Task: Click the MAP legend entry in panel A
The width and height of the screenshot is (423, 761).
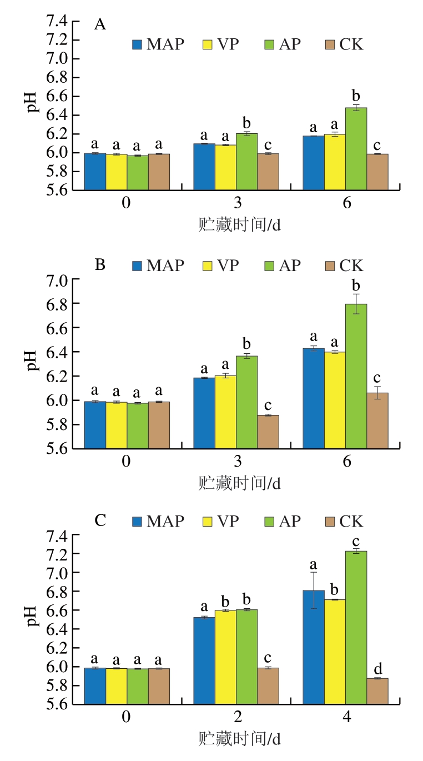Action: point(158,44)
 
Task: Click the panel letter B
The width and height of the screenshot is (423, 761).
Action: point(100,264)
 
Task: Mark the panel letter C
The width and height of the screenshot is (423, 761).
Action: point(100,520)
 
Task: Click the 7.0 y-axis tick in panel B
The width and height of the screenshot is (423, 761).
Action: point(56,281)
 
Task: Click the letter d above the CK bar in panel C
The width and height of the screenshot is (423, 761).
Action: point(377,668)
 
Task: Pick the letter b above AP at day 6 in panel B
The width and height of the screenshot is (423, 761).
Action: point(356,286)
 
